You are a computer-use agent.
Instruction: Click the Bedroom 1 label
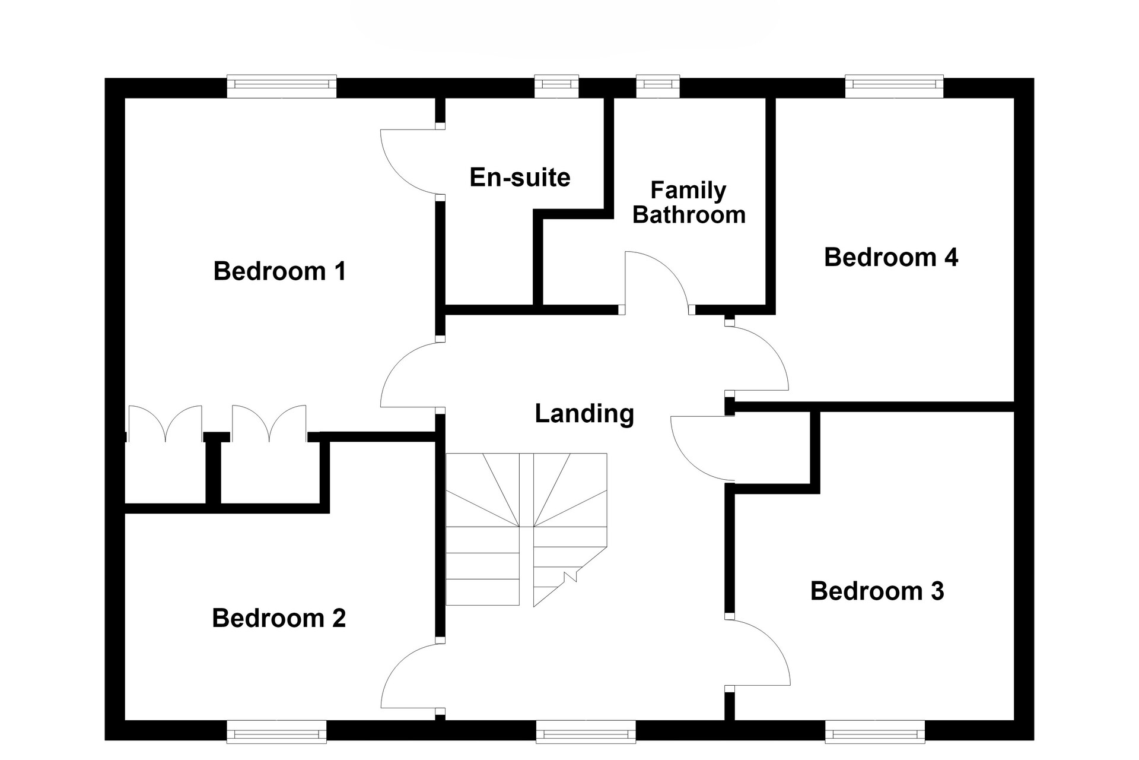click(x=279, y=271)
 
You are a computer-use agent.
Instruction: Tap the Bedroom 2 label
click(x=279, y=618)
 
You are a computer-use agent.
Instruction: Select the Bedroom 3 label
click(x=877, y=591)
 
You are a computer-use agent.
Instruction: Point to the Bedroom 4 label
click(x=891, y=257)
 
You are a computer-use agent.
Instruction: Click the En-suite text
click(x=520, y=178)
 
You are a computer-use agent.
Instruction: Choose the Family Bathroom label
click(x=689, y=202)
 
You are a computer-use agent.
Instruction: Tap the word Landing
click(x=584, y=414)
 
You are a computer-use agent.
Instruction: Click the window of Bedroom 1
click(x=282, y=87)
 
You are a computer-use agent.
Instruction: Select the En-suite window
click(x=556, y=87)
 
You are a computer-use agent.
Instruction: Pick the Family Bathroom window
click(x=658, y=87)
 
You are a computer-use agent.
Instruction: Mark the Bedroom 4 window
click(x=894, y=87)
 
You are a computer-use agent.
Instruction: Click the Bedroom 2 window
click(x=276, y=731)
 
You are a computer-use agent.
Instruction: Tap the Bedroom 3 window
click(x=875, y=731)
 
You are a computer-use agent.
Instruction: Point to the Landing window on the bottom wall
click(x=586, y=731)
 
